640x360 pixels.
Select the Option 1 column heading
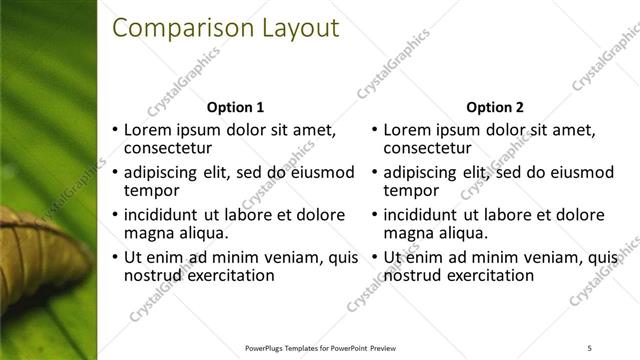[x=235, y=107]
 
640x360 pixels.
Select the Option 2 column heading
[x=496, y=107]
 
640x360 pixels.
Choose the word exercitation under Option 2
[x=491, y=275]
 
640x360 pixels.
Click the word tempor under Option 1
[x=150, y=190]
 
